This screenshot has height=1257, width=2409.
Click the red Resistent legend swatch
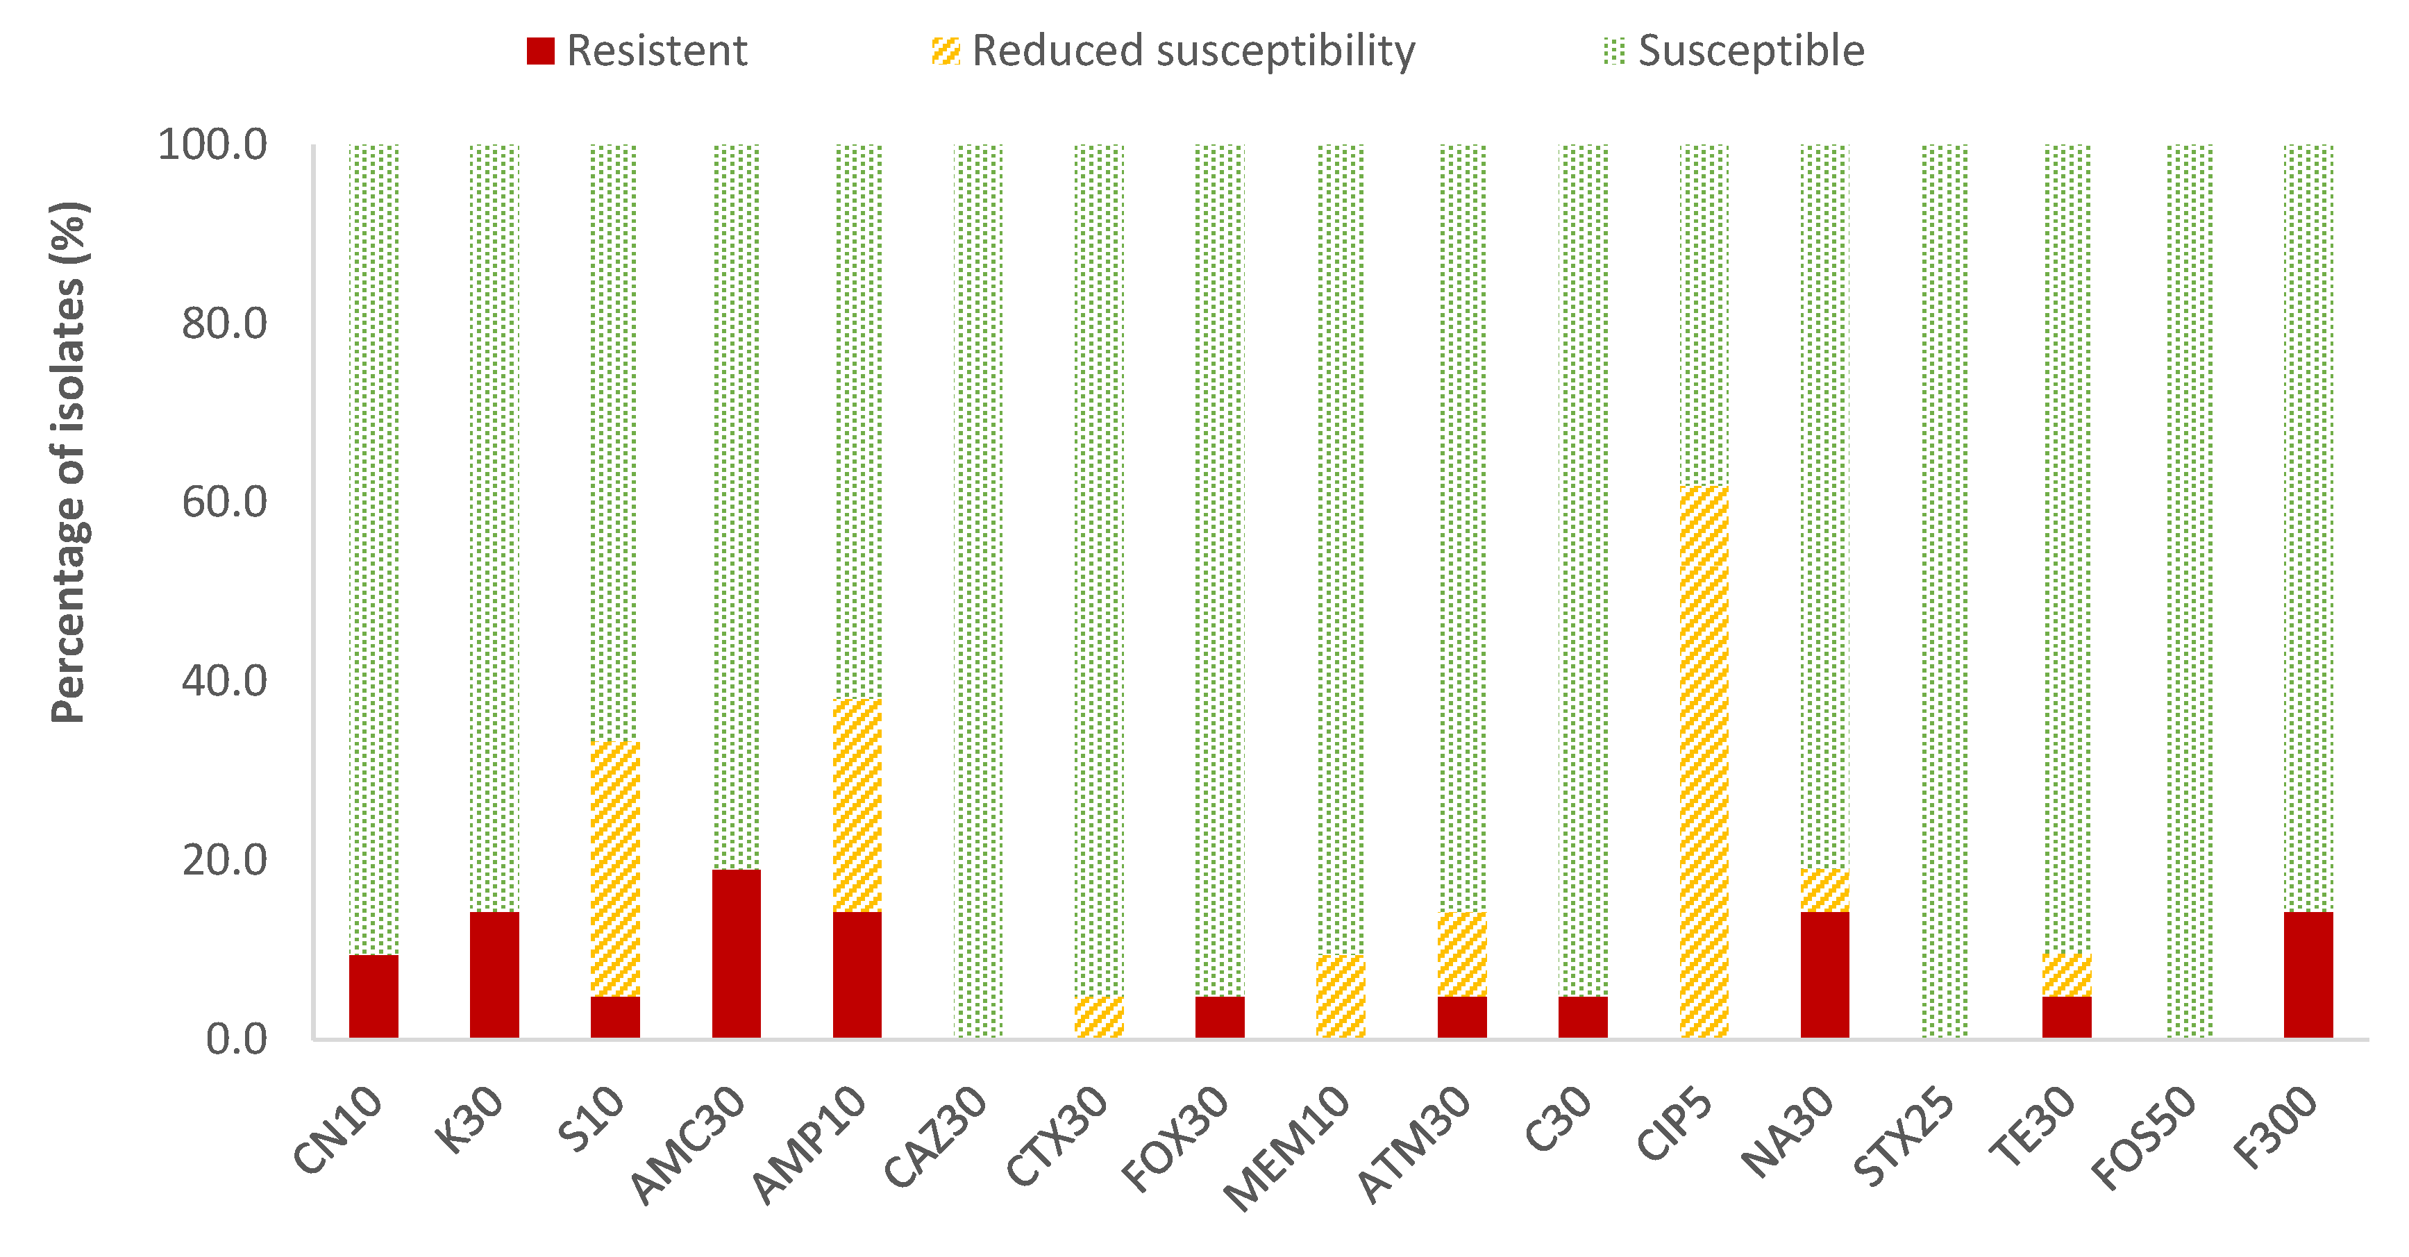coord(541,51)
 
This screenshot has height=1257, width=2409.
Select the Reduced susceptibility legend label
coord(1193,51)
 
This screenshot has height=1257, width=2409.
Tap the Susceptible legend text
coord(1751,51)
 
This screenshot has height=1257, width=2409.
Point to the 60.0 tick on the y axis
coord(224,503)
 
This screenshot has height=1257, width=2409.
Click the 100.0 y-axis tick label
coord(213,145)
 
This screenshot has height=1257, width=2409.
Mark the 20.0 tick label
coord(224,861)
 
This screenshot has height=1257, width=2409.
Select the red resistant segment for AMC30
coord(736,954)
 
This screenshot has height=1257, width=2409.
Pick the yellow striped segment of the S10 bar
coord(615,869)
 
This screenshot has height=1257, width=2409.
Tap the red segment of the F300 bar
coord(2308,975)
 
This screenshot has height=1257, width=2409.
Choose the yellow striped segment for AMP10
coord(857,805)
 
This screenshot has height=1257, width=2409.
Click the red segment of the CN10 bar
coord(373,996)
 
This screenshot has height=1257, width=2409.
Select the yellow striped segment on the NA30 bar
coord(1824,891)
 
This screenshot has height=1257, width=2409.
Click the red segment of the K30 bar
coord(494,975)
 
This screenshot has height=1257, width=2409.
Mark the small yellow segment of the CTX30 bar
coord(1099,1018)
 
